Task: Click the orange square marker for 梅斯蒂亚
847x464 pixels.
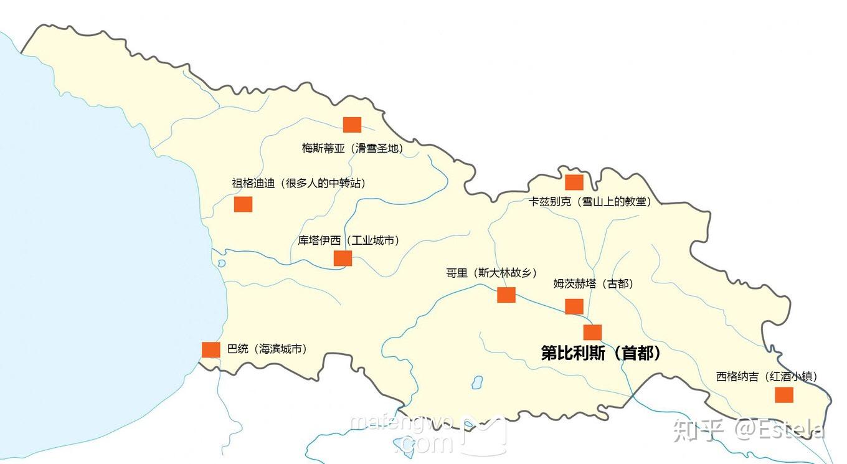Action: [x=352, y=125]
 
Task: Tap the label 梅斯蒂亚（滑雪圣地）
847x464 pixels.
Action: [x=352, y=148]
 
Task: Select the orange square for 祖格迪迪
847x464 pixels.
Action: [x=243, y=204]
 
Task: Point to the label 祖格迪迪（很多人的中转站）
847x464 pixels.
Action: [x=298, y=183]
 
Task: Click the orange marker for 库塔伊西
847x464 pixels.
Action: [x=343, y=258]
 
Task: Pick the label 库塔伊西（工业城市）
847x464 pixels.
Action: [x=348, y=240]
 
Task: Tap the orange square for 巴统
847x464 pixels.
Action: [x=211, y=350]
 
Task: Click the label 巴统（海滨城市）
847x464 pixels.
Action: [x=267, y=349]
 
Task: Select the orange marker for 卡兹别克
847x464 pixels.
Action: [x=574, y=182]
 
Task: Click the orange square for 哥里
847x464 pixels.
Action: [x=506, y=295]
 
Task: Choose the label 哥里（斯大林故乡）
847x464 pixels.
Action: [x=491, y=273]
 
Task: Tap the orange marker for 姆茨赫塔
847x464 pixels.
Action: [x=574, y=306]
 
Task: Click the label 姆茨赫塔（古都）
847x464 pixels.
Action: [x=593, y=284]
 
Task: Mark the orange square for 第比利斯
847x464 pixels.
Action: [x=592, y=333]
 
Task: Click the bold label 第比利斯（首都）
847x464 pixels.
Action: [x=601, y=353]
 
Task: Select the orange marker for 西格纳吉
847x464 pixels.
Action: [x=783, y=395]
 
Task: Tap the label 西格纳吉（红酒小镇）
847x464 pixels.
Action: [x=766, y=376]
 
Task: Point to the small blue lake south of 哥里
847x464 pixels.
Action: [x=476, y=381]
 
